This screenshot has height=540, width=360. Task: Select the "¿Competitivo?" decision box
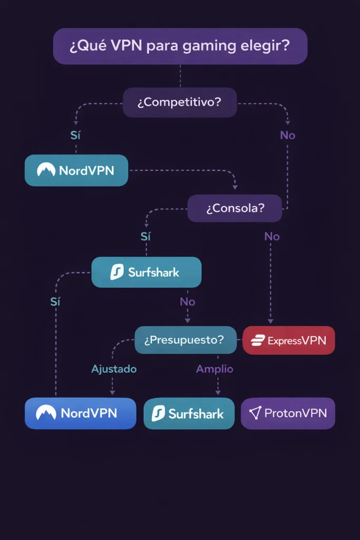pyautogui.click(x=180, y=102)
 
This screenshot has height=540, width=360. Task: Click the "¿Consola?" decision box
pyautogui.click(x=235, y=208)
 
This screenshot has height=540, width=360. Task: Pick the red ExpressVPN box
pyautogui.click(x=288, y=341)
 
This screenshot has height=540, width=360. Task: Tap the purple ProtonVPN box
pyautogui.click(x=288, y=413)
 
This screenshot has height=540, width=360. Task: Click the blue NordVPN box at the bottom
pyautogui.click(x=80, y=413)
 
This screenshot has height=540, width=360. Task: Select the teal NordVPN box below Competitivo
pyautogui.click(x=76, y=170)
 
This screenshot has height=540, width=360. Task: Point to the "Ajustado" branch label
pyautogui.click(x=114, y=369)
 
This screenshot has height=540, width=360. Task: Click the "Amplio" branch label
pyautogui.click(x=215, y=369)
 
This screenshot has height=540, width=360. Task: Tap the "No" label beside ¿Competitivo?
pyautogui.click(x=287, y=136)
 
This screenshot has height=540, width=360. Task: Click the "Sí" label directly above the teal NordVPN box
pyautogui.click(x=76, y=136)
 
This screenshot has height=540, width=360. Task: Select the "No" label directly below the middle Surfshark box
pyautogui.click(x=187, y=302)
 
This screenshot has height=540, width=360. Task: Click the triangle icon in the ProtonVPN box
pyautogui.click(x=255, y=413)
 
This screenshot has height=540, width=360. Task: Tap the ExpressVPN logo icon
pyautogui.click(x=257, y=341)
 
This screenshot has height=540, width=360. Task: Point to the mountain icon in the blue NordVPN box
pyautogui.click(x=46, y=413)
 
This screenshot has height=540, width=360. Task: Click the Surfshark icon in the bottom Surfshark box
pyautogui.click(x=158, y=414)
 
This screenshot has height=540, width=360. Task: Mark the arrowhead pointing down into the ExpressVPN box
pyautogui.click(x=270, y=321)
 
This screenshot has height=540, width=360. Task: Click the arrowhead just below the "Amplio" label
pyautogui.click(x=217, y=392)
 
